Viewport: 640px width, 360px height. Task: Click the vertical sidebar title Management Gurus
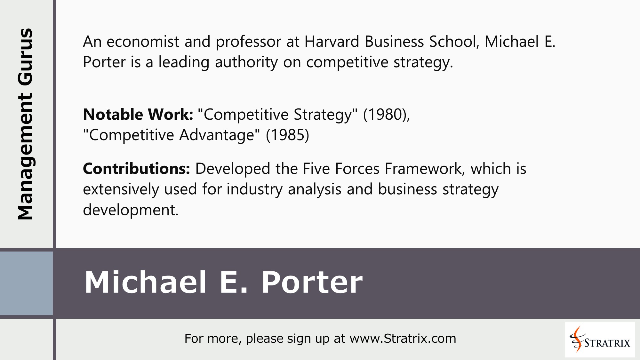pos(26,124)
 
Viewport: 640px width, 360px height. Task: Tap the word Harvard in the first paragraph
pos(332,42)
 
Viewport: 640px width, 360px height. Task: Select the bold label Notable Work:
pos(138,115)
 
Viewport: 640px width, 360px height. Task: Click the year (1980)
pos(386,115)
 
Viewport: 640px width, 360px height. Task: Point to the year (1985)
pos(287,135)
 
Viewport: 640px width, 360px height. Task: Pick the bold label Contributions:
pos(137,169)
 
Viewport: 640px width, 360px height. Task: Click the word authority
pos(246,62)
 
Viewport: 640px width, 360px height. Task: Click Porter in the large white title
pos(312,282)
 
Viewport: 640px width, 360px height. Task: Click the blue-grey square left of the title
pos(26,283)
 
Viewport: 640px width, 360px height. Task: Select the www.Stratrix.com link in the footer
pos(403,339)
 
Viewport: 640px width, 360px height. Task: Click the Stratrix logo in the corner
pos(600,340)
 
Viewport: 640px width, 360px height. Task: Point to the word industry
pos(255,189)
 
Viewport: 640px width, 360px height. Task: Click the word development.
pos(130,210)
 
